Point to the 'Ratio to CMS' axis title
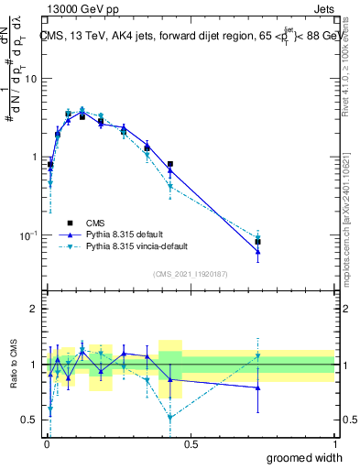[x=16, y=364]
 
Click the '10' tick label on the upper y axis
[x=30, y=79]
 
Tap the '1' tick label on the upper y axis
[x=34, y=158]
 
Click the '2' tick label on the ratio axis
[x=34, y=309]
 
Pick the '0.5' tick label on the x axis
[x=190, y=443]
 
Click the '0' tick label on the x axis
[x=46, y=443]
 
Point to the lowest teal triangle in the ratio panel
[x=170, y=418]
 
